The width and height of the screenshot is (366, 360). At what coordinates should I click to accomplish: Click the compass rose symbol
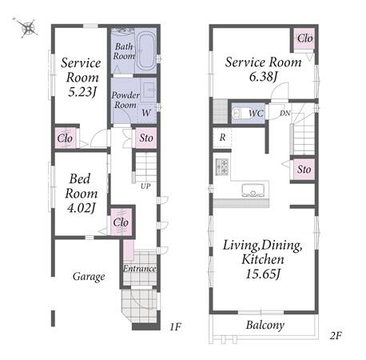(27, 28)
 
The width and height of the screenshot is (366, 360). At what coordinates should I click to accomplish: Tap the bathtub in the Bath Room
(146, 50)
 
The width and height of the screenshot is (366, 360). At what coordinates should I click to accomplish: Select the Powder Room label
(125, 100)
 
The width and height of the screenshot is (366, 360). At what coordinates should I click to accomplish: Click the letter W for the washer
(146, 113)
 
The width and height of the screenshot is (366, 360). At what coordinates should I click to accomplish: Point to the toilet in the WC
(239, 114)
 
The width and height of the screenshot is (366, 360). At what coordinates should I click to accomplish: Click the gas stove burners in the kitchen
(222, 167)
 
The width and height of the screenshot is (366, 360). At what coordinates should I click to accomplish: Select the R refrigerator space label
(222, 138)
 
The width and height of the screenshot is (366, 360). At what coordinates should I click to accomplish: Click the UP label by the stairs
(145, 186)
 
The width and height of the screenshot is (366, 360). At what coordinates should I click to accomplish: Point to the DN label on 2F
(284, 114)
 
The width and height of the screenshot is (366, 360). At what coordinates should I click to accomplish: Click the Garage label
(89, 277)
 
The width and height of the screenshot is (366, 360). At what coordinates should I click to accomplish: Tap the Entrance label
(139, 268)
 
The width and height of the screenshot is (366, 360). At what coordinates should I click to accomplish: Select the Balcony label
(265, 325)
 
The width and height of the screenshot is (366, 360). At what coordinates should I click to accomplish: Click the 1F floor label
(175, 326)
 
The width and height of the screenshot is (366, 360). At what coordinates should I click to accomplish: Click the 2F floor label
(336, 335)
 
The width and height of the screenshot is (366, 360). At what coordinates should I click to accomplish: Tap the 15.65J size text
(263, 274)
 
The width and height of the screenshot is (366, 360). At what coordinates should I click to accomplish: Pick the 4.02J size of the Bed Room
(81, 208)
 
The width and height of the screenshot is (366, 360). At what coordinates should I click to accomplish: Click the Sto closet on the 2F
(304, 170)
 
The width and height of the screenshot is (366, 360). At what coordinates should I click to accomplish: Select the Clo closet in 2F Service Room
(305, 38)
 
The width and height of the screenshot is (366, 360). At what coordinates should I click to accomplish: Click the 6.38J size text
(263, 77)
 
